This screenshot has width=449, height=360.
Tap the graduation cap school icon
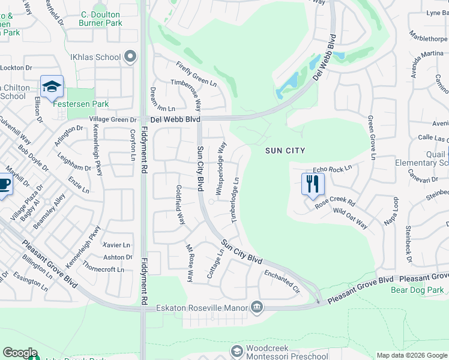(52, 86)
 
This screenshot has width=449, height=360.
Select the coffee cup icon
(3, 184)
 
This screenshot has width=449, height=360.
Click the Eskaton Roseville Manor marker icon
(257, 308)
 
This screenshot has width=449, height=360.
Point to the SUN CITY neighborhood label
(286, 151)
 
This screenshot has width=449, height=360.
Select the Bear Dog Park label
(417, 290)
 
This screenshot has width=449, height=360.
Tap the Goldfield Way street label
(179, 205)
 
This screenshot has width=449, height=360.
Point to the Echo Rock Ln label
(332, 170)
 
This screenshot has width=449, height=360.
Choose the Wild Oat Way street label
(350, 218)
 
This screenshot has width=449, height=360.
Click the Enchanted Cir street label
(282, 280)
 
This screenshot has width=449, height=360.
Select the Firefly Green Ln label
(196, 74)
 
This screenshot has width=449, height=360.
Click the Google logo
(20, 353)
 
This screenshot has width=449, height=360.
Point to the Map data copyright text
(411, 355)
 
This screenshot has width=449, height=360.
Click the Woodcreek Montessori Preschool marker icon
(238, 350)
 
